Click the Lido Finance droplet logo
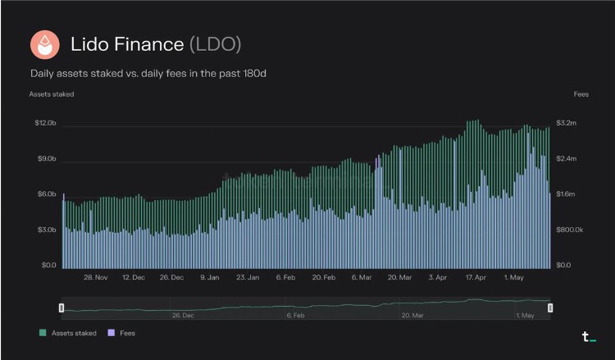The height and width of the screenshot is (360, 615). coord(44,43)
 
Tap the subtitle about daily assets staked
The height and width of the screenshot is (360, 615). coord(148,74)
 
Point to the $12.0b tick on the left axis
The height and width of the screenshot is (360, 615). coord(44,123)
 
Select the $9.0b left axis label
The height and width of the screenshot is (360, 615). coord(44,158)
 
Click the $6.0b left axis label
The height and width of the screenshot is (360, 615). coord(44,194)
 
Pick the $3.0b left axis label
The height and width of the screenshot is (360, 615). coord(44,230)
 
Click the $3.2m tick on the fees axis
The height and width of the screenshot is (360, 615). coord(567,123)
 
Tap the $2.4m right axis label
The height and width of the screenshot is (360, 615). coord(567,158)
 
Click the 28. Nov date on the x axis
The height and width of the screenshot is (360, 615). coord(96,277)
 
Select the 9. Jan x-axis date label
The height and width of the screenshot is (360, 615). coord(209,277)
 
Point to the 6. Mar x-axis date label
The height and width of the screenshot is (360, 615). coord(362,277)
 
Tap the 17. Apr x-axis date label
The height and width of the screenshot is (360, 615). coord(476,277)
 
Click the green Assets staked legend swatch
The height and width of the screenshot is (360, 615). coord(43,333)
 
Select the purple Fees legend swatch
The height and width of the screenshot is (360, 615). coord(112,333)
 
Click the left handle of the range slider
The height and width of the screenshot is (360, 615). coord(61,308)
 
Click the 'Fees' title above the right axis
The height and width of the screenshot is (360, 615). coord(581,94)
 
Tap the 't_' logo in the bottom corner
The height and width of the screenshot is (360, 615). coord(587,336)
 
